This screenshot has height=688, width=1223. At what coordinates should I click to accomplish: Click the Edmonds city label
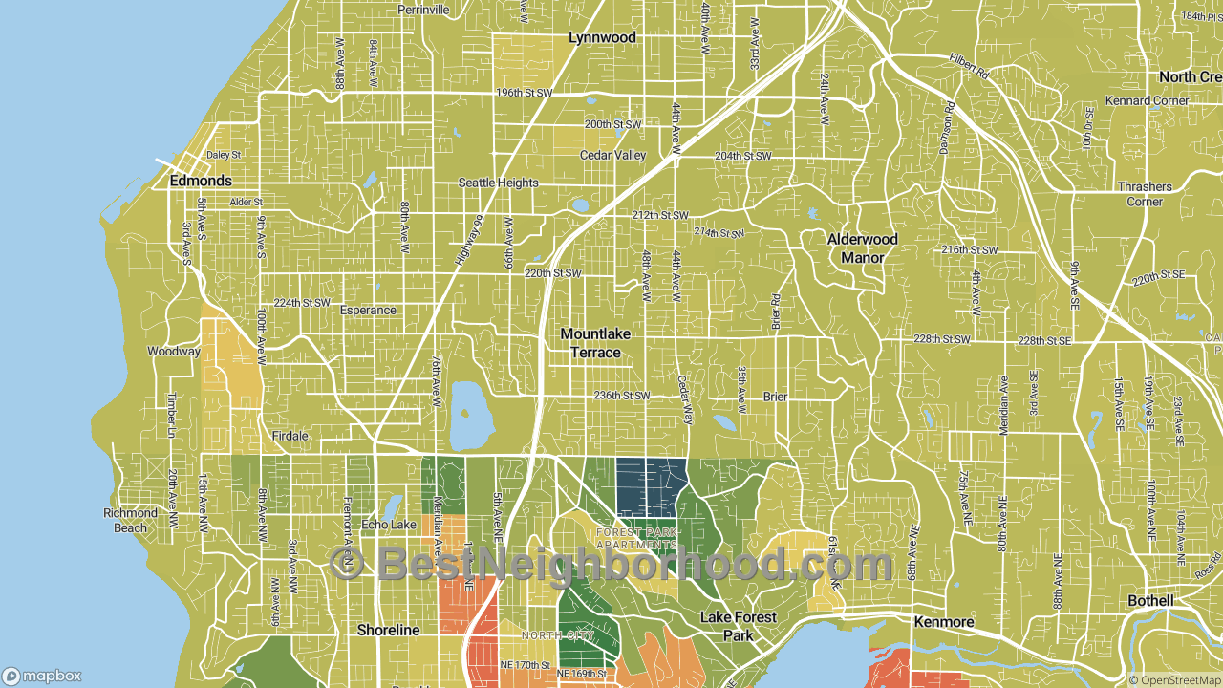click(x=201, y=181)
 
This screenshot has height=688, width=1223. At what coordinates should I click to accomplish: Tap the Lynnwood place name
click(x=602, y=37)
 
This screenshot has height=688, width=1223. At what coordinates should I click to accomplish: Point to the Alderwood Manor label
click(x=862, y=248)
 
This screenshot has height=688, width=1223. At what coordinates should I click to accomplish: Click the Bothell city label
click(x=1150, y=601)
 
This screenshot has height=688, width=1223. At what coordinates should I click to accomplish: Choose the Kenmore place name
click(x=943, y=622)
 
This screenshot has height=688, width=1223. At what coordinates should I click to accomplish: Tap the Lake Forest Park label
click(x=739, y=626)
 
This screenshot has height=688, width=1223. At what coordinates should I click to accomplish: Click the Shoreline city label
click(x=388, y=631)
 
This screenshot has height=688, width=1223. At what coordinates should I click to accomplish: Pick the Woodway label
click(x=173, y=352)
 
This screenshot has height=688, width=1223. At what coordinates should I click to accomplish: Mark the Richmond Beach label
click(x=131, y=521)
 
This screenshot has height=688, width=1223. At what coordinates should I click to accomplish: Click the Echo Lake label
click(x=389, y=525)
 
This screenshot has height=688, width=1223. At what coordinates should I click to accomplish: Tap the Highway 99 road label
click(x=469, y=241)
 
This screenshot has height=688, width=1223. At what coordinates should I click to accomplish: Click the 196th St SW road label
click(x=525, y=94)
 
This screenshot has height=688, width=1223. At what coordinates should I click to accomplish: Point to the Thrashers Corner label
click(x=1144, y=194)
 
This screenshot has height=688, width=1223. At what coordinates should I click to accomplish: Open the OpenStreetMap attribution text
click(x=1174, y=680)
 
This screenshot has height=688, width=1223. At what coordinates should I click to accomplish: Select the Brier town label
click(x=775, y=397)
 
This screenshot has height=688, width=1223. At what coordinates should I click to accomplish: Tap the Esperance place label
click(x=368, y=311)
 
